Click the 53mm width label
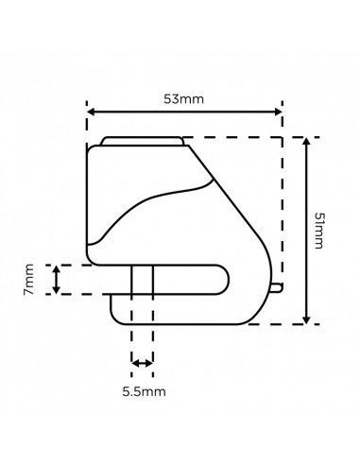(183, 99)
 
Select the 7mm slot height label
(28, 280)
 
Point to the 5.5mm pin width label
(144, 391)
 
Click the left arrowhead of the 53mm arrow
(92, 112)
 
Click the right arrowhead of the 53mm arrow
(278, 112)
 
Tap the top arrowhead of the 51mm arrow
(306, 142)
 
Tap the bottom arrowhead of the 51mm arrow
(306, 319)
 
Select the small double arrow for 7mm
(56, 280)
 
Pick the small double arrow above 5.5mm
(142, 363)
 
